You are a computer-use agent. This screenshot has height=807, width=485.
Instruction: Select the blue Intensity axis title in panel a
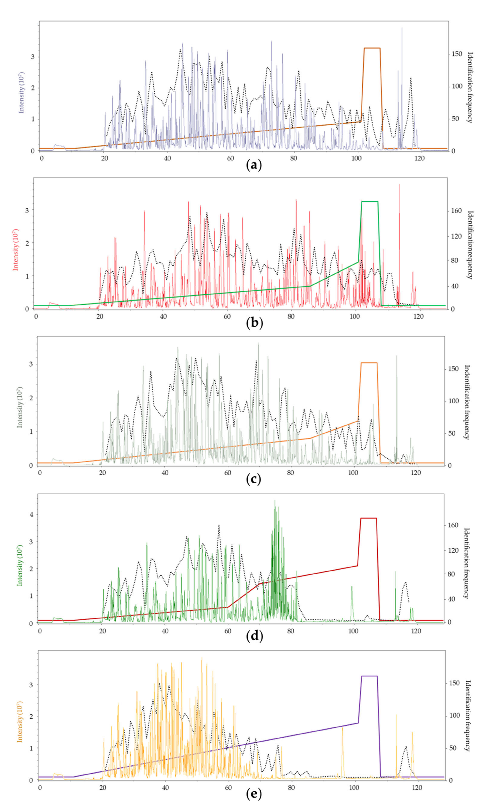(22, 92)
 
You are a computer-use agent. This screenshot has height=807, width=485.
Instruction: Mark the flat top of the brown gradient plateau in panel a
(372, 48)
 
